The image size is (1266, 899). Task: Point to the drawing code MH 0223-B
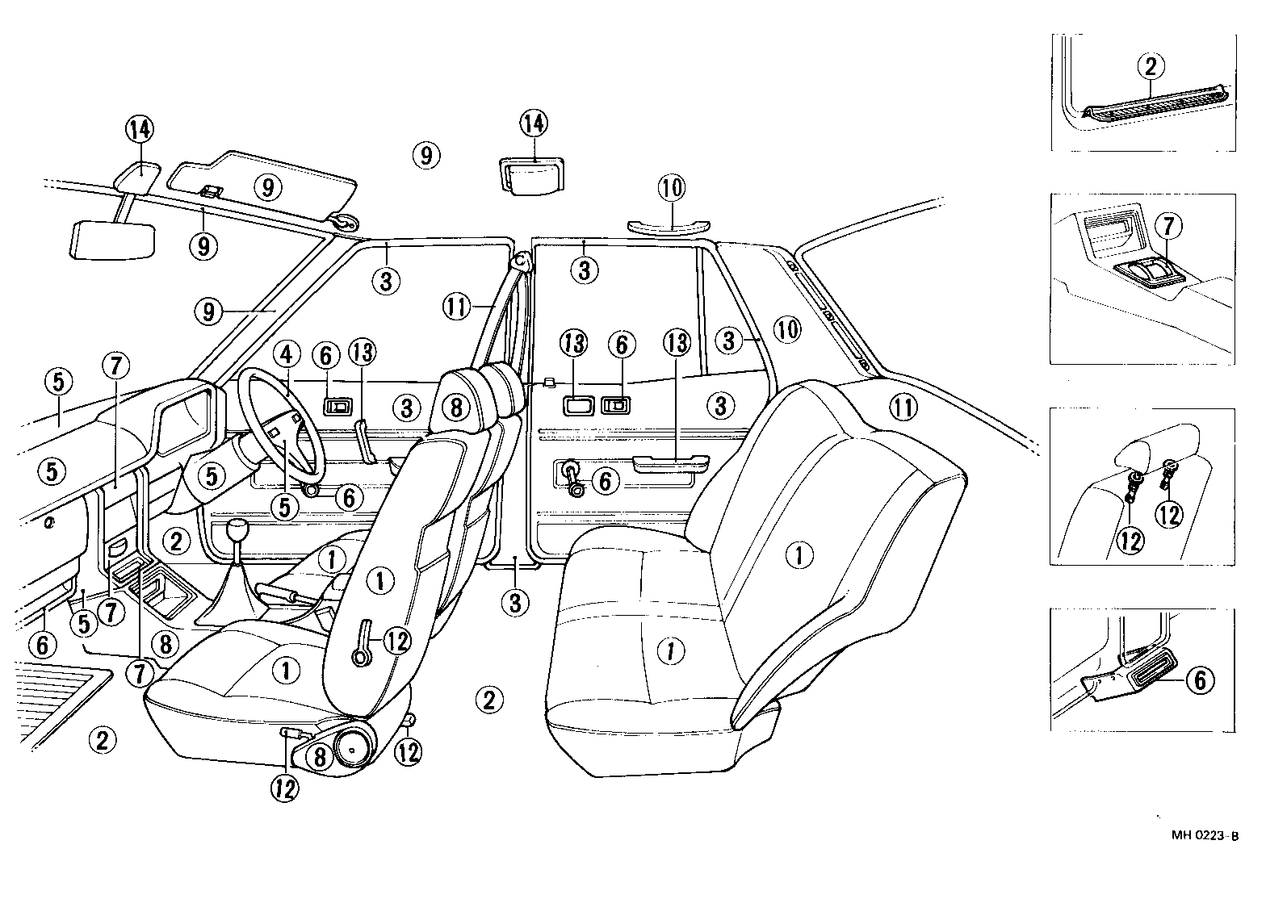point(1205,836)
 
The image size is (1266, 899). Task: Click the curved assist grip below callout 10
point(670,224)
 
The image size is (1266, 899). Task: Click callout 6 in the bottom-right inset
point(1199,681)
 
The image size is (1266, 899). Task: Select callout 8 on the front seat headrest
point(456,408)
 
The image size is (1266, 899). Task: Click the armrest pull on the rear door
point(670,463)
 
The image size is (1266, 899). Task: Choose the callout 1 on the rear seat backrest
point(799,554)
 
